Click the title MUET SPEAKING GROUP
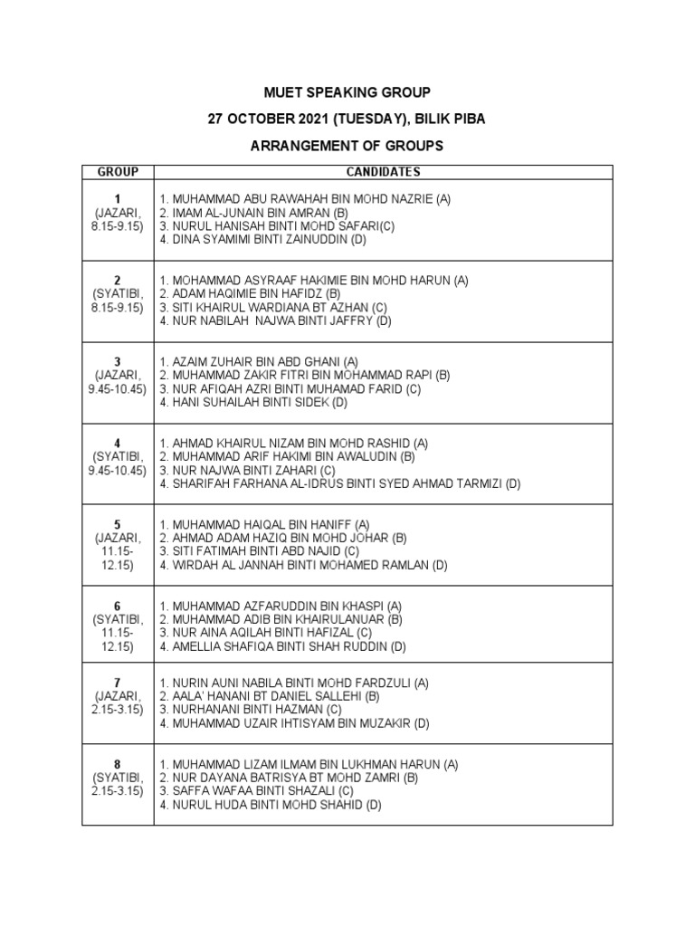click(347, 92)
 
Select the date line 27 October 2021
click(347, 119)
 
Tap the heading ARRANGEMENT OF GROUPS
click(347, 146)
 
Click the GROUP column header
click(118, 172)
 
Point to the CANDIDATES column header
click(383, 172)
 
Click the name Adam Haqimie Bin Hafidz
click(250, 294)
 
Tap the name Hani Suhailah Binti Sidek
click(253, 402)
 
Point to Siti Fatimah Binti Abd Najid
click(259, 551)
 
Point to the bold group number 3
click(118, 361)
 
